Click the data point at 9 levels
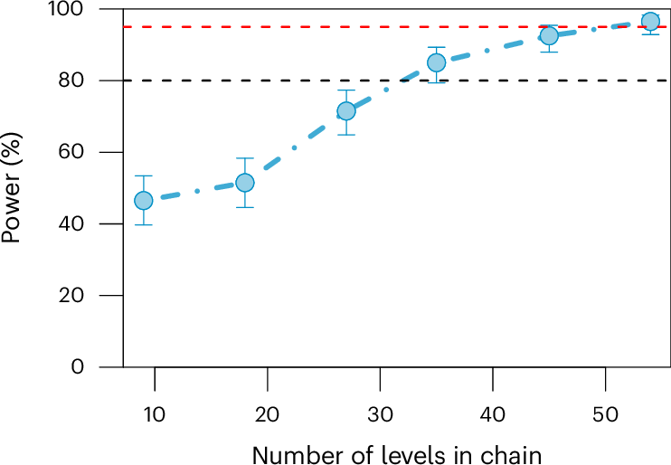point(143,200)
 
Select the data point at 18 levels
point(244,183)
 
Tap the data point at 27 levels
point(345,111)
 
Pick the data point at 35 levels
point(436,62)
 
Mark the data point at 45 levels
point(549,36)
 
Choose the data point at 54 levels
point(650,22)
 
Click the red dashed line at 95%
point(271,27)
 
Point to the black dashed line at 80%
point(271,81)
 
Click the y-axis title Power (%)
point(13,187)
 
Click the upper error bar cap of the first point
point(143,176)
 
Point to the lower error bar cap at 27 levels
point(345,135)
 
